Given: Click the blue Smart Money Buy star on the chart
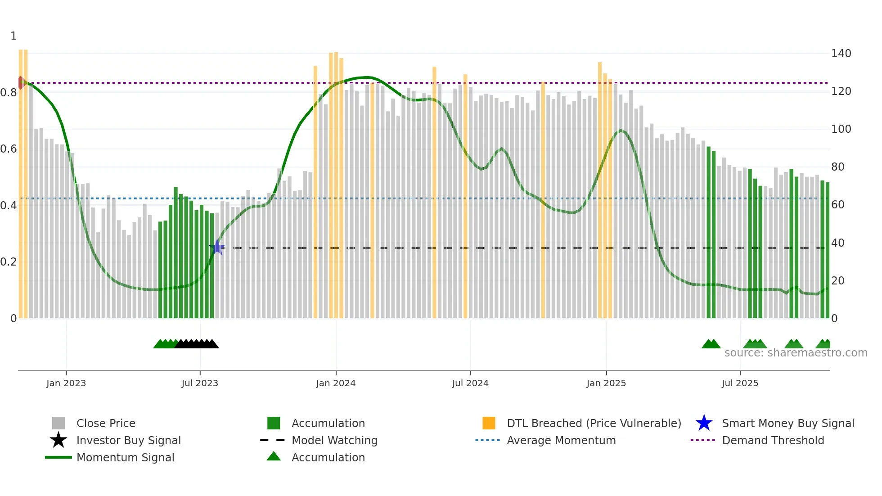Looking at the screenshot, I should click(x=217, y=247).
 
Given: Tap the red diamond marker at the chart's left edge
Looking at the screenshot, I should click(x=21, y=83).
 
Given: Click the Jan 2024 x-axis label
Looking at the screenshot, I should click(x=336, y=383).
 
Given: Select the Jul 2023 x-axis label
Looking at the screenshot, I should click(x=200, y=383).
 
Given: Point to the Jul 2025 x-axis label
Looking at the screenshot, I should click(x=740, y=383).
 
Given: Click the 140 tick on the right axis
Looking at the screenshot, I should click(x=841, y=54).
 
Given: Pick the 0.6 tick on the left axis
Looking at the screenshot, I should click(x=9, y=149).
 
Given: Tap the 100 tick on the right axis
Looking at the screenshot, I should click(x=841, y=129).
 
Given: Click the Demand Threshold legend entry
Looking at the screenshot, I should click(x=773, y=440).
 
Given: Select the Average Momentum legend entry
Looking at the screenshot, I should click(x=561, y=440).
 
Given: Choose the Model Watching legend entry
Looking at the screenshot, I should click(x=334, y=440).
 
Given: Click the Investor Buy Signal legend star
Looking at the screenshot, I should click(x=58, y=440).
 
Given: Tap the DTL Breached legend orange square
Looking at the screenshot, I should click(x=489, y=423).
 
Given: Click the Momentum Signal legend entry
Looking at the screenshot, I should click(x=125, y=457).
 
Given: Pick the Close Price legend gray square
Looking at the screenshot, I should click(x=58, y=423).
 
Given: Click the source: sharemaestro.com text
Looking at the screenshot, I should click(x=796, y=353).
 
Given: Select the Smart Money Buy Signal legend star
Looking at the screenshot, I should click(x=704, y=423).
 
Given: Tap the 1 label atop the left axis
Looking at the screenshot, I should click(x=13, y=36).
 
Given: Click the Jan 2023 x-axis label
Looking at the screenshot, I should click(x=66, y=383).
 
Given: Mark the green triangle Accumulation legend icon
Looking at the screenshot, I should click(x=274, y=456).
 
